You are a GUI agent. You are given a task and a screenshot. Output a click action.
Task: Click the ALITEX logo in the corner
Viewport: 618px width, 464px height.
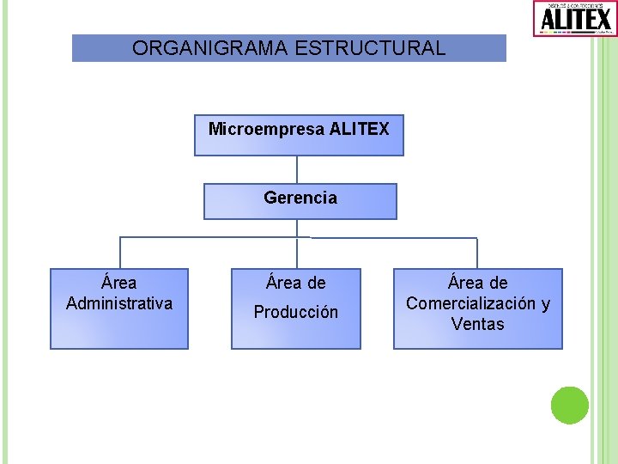574,18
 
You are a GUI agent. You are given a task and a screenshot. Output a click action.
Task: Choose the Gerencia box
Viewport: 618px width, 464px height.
300,201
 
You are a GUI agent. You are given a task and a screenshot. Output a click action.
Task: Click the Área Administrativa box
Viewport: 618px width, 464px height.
119,308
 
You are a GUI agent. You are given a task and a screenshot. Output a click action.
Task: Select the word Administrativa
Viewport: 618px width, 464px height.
119,303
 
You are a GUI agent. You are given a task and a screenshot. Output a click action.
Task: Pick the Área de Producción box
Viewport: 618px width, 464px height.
296,308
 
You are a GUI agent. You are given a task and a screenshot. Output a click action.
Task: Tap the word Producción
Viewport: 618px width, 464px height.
296,312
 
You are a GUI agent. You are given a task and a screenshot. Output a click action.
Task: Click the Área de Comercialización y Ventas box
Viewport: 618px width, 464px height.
478,308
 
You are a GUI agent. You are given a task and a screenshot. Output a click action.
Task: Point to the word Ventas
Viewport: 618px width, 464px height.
478,324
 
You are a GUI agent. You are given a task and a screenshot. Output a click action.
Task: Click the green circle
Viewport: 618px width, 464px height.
569,405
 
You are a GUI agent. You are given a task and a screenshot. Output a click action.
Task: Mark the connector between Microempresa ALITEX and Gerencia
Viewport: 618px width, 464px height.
297,169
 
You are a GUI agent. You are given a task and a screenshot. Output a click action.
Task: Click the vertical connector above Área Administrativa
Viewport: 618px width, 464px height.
120,253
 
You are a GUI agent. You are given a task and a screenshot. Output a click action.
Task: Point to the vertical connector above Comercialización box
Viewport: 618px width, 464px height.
477,253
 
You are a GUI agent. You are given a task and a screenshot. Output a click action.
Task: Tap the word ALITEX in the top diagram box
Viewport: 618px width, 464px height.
360,129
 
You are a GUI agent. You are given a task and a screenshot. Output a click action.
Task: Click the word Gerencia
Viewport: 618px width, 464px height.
300,198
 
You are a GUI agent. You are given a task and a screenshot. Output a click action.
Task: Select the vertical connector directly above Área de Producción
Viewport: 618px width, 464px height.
297,253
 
